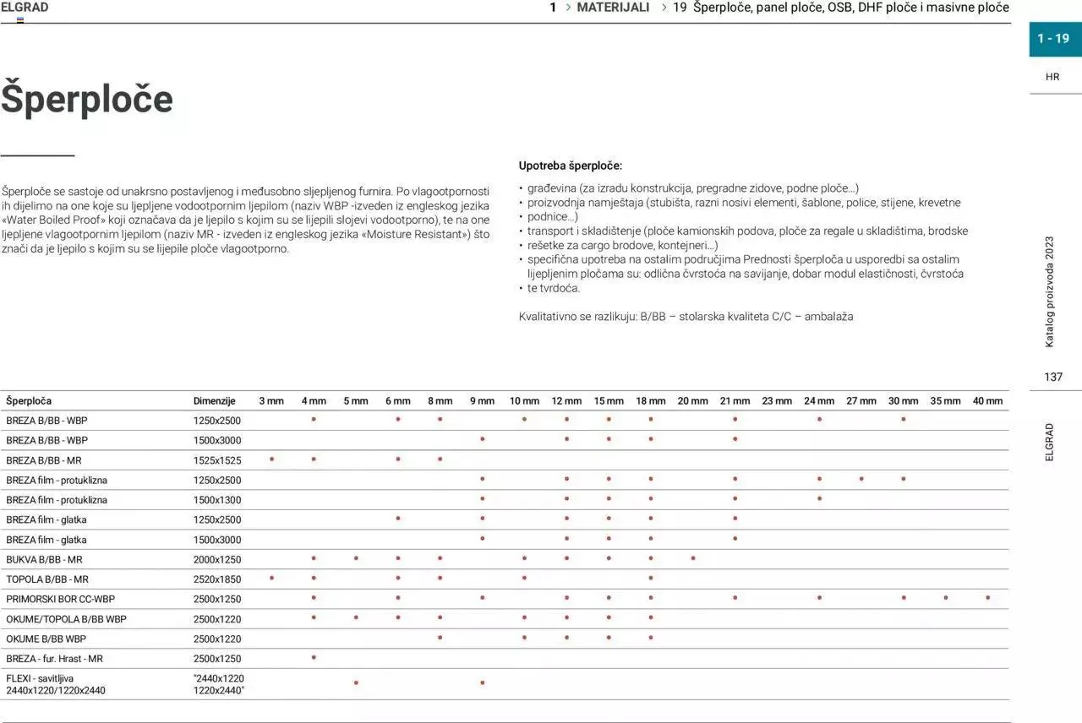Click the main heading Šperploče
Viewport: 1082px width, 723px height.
coord(87,99)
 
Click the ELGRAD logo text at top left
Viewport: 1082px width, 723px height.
coord(25,8)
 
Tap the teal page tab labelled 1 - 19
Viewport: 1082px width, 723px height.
coord(1053,39)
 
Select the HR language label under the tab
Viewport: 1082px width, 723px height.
coord(1052,77)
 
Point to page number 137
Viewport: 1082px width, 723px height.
coord(1052,377)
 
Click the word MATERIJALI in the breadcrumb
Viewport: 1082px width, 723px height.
coord(613,8)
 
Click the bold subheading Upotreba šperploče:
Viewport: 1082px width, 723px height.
coord(571,166)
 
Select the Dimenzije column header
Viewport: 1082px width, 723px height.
coord(214,401)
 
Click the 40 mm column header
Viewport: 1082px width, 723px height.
coord(987,401)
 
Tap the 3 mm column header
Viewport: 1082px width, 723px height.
coord(271,401)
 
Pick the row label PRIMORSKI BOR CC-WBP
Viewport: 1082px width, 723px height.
coord(60,600)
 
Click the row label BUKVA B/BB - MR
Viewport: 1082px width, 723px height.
coord(44,560)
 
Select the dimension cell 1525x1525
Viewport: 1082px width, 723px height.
coord(217,461)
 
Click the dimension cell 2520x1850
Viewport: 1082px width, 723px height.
coord(217,579)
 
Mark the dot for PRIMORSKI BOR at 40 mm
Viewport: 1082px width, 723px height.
coord(987,598)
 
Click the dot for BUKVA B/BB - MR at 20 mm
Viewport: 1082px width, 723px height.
coord(693,558)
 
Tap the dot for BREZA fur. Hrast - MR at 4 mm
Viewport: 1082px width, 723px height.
coord(314,657)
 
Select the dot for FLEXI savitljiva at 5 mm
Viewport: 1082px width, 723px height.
coord(356,682)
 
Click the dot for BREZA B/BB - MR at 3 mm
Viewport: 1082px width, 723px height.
coord(271,459)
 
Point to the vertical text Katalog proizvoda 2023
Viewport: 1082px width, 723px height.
coord(1050,291)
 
